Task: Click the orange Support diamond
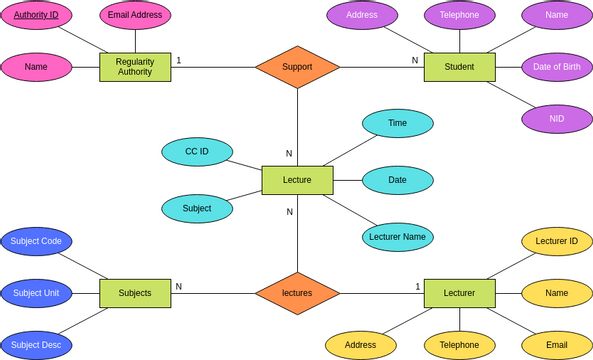pos(297,67)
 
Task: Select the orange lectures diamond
pos(297,293)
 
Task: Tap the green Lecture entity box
pos(297,180)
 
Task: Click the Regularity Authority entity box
pos(135,67)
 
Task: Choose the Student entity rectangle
pos(459,67)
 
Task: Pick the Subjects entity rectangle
pos(135,293)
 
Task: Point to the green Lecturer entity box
pos(459,293)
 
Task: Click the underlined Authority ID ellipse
pos(36,15)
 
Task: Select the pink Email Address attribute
pos(135,15)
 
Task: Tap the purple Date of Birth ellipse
pos(557,67)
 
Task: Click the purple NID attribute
pos(557,119)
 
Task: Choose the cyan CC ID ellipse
pos(197,152)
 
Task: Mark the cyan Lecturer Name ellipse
pos(397,237)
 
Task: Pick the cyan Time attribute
pos(397,123)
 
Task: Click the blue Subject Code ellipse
pos(36,241)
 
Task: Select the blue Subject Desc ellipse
pos(36,345)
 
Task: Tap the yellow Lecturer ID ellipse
pos(557,241)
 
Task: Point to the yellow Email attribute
pos(557,345)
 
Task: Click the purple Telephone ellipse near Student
pos(459,15)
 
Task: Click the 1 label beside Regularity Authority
pos(179,61)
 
